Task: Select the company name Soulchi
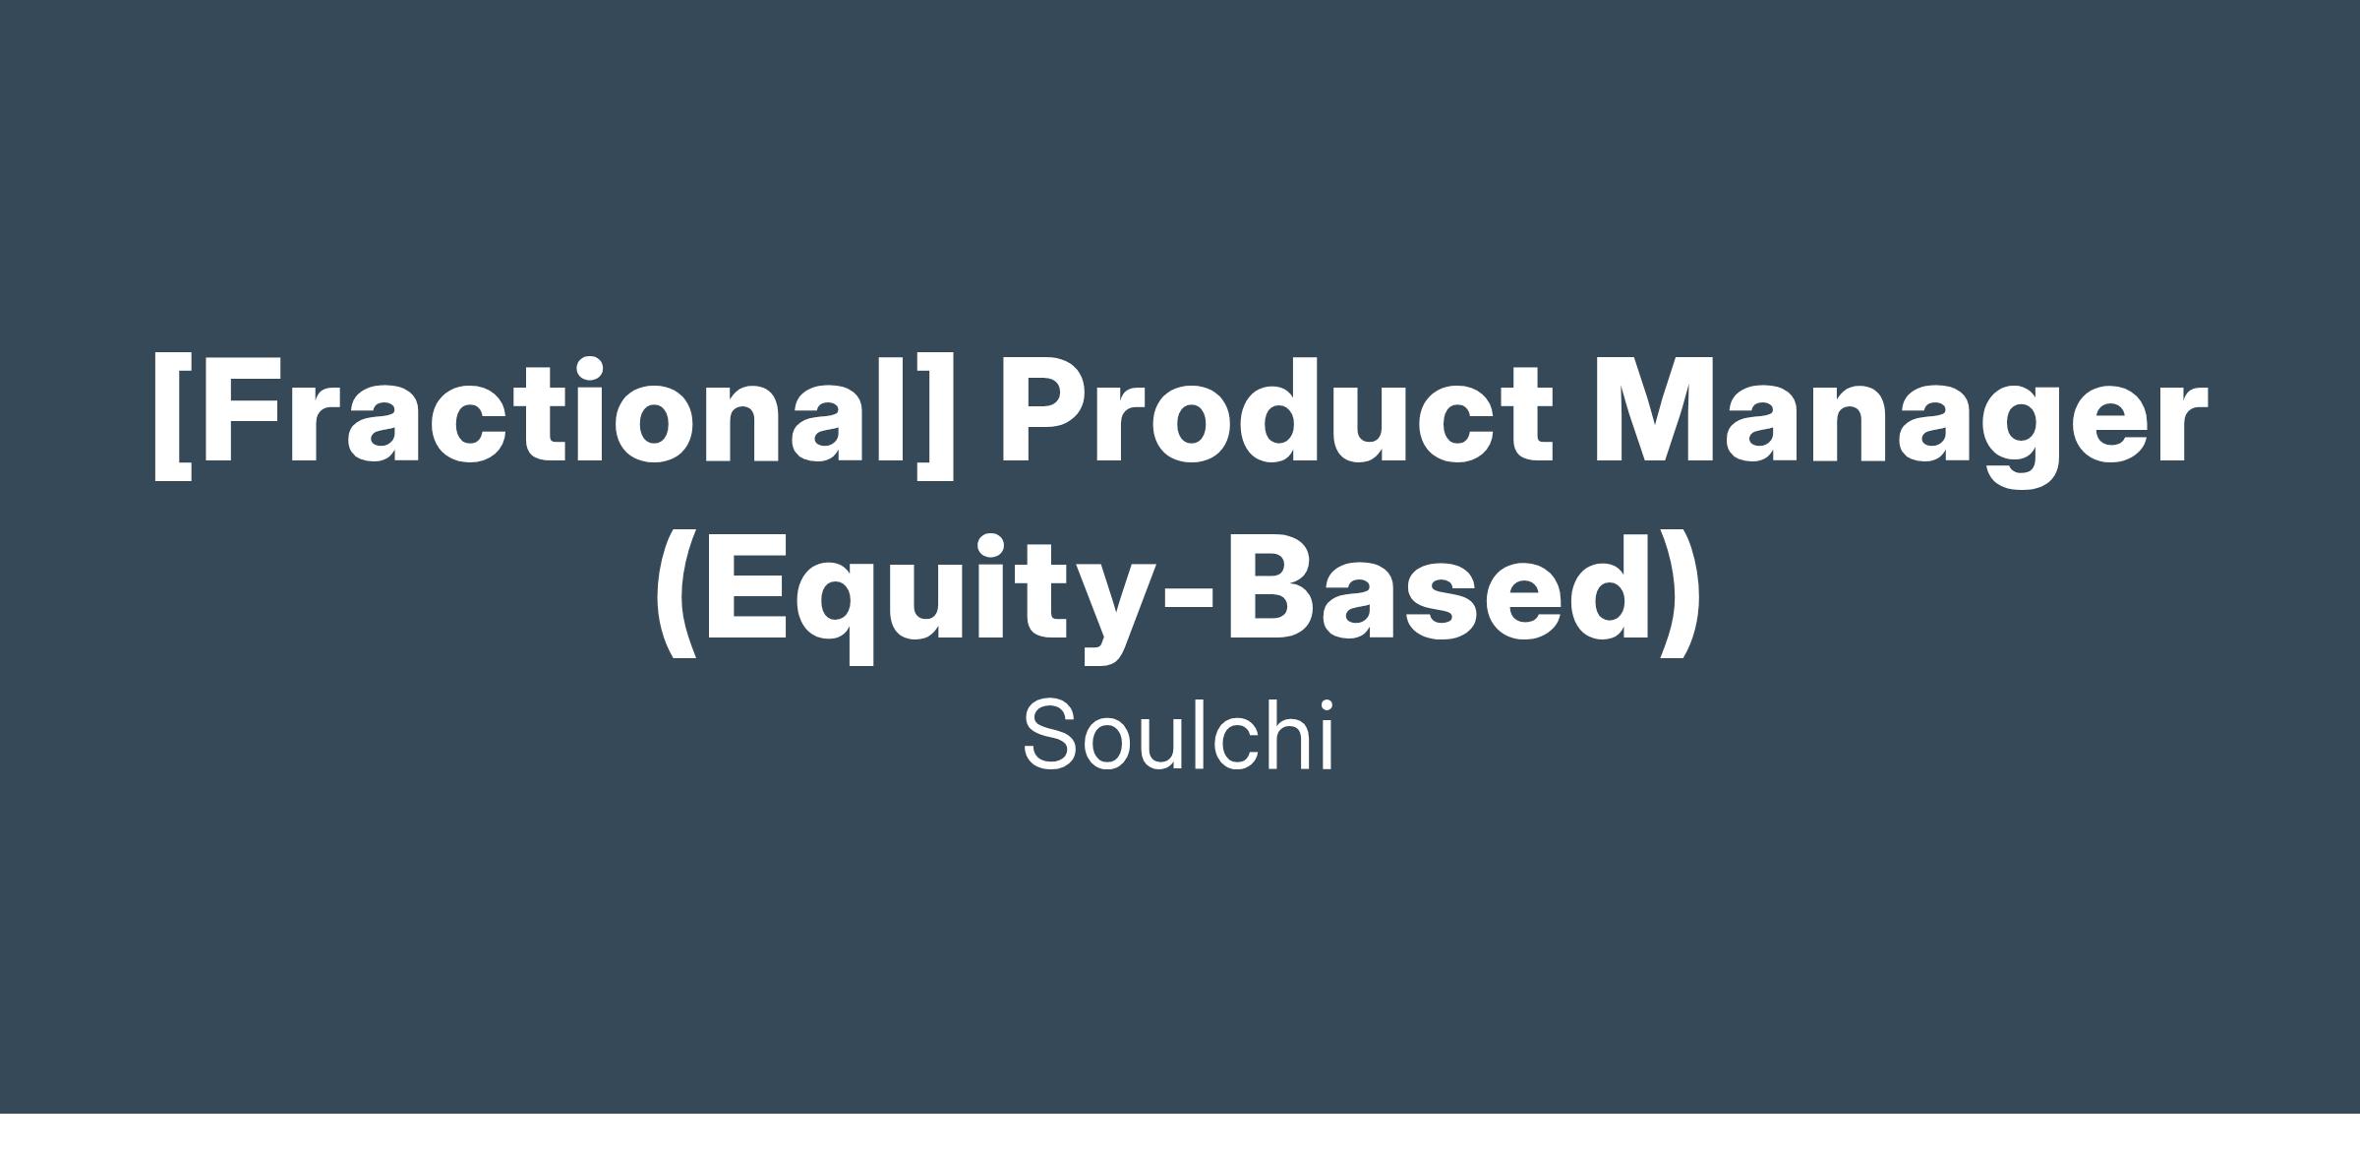pyautogui.click(x=1178, y=735)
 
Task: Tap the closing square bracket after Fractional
pyautogui.click(x=935, y=415)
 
